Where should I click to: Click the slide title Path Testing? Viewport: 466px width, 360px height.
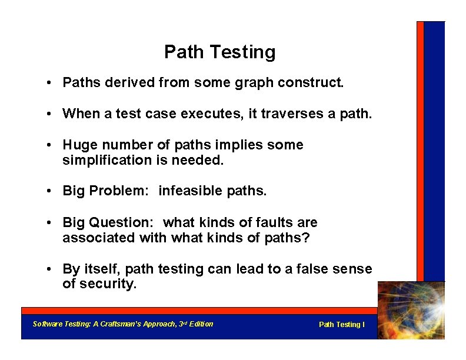219,52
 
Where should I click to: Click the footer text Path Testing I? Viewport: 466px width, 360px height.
341,325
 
